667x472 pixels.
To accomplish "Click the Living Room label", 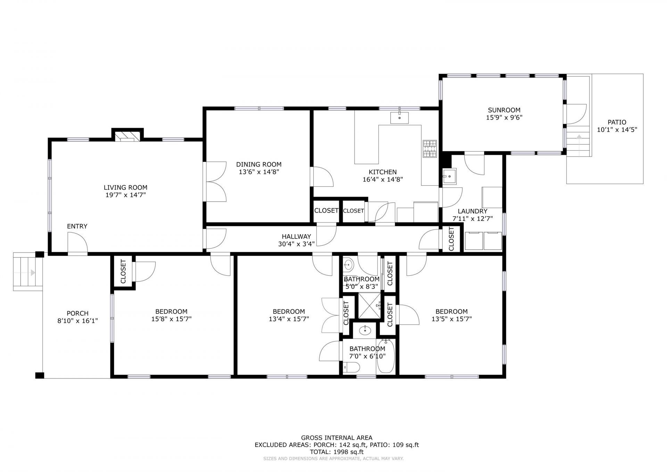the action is [x=125, y=188].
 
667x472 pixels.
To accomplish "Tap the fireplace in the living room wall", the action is [x=127, y=136].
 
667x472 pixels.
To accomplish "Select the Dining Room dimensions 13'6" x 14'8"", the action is [x=259, y=172].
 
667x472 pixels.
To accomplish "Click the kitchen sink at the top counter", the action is [x=399, y=118].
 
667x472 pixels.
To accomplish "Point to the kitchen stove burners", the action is [x=430, y=149].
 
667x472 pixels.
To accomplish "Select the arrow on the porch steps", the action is [x=33, y=272].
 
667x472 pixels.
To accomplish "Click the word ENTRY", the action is [x=77, y=226].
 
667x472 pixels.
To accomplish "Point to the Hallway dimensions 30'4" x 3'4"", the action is [x=296, y=244].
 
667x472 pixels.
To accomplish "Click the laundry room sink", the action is [x=450, y=176].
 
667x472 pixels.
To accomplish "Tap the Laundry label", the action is [x=472, y=211].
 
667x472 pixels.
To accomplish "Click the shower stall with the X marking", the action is [x=370, y=306].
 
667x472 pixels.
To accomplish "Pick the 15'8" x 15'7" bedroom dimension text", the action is [x=171, y=319].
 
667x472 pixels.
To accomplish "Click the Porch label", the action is [x=77, y=313].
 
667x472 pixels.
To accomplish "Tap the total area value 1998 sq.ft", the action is [x=348, y=452].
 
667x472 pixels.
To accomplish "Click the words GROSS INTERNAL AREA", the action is [x=337, y=438].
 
